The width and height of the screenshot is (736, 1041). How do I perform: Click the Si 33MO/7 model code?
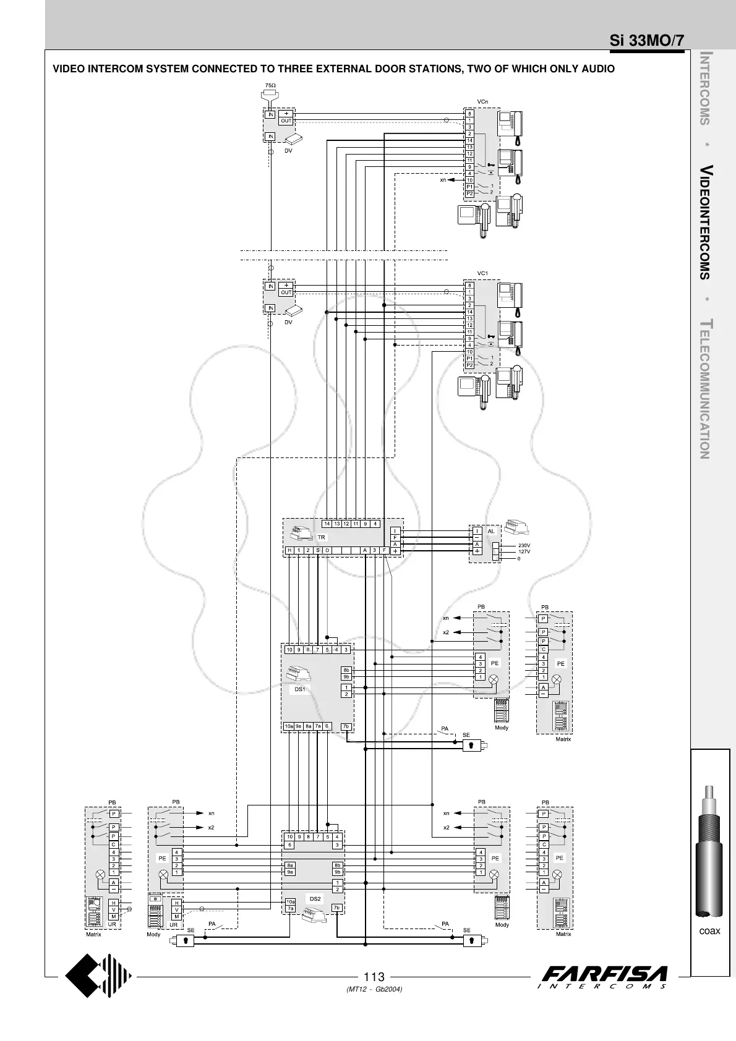(x=647, y=41)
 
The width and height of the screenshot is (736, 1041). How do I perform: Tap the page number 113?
(x=375, y=977)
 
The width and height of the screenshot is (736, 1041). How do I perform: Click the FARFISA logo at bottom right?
(x=604, y=977)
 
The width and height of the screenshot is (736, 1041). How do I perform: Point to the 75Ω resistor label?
(x=270, y=85)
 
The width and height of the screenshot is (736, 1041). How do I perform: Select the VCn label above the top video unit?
(x=482, y=101)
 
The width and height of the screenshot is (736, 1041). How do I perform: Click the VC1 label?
(x=482, y=273)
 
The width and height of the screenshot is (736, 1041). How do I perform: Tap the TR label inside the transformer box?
(x=321, y=538)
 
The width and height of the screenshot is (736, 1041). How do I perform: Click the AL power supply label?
(x=491, y=531)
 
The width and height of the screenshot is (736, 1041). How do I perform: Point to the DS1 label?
(x=299, y=689)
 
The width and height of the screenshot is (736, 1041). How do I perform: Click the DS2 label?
(x=315, y=898)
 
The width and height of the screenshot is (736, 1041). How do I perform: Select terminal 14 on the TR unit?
(x=327, y=524)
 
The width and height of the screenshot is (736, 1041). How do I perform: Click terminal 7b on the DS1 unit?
(x=346, y=726)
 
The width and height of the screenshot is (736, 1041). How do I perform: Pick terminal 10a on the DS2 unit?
(x=290, y=902)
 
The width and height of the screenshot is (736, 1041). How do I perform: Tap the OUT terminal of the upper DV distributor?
(x=286, y=121)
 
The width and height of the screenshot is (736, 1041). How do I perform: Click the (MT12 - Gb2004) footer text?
(x=375, y=989)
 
